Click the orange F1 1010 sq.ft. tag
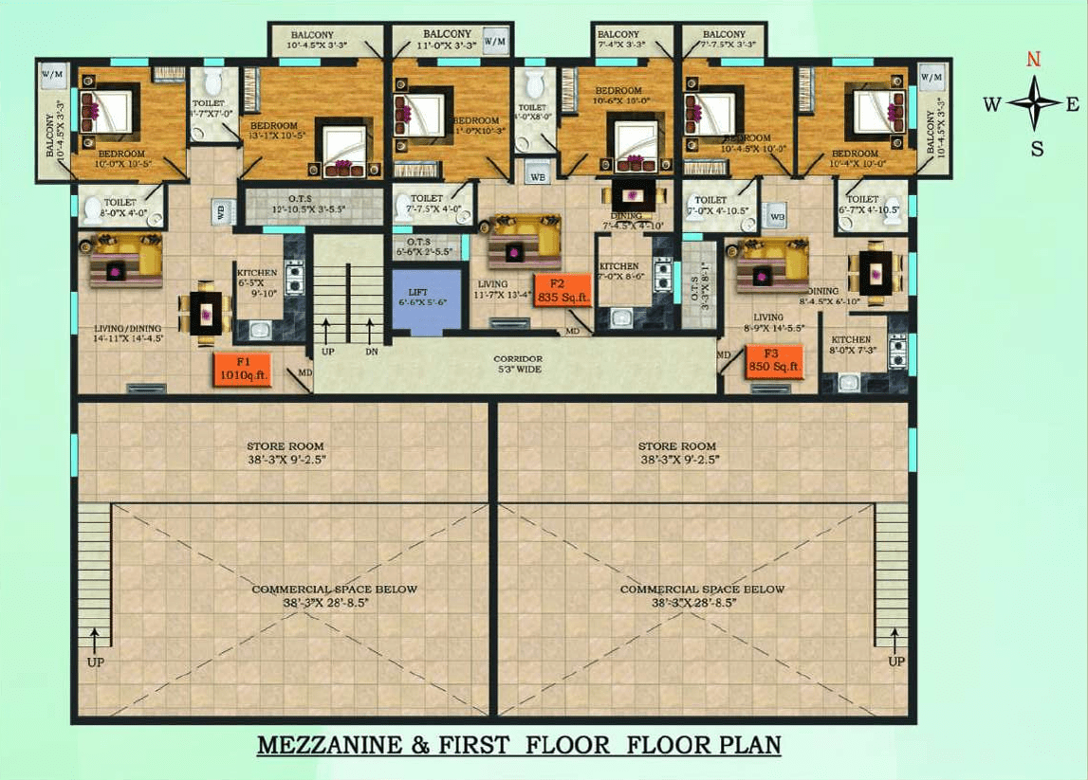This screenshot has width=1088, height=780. pyautogui.click(x=243, y=368)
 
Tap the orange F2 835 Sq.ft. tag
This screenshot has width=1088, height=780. pyautogui.click(x=563, y=290)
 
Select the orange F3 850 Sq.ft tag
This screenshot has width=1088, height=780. pyautogui.click(x=774, y=360)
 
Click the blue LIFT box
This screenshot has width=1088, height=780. pyautogui.click(x=424, y=302)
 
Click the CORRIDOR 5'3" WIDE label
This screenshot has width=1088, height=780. pyautogui.click(x=517, y=363)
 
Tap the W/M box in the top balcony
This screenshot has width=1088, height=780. pyautogui.click(x=494, y=42)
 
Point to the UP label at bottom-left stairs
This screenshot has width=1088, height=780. pyautogui.click(x=95, y=662)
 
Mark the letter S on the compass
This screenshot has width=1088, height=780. pyautogui.click(x=1037, y=148)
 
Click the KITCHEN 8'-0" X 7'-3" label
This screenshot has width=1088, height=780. pyautogui.click(x=851, y=345)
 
